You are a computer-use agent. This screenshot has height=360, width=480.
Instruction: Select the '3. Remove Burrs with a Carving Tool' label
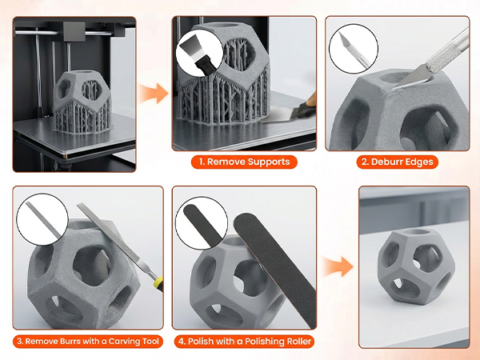click(87, 342)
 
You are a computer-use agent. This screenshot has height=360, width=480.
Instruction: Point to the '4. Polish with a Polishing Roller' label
click(244, 342)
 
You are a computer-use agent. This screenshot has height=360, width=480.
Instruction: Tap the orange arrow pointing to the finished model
click(336, 264)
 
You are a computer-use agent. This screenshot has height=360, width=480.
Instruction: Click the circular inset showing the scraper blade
click(198, 55)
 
